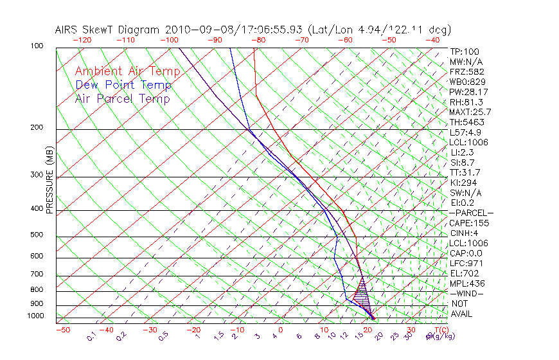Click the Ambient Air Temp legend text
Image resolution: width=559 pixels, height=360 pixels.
click(x=127, y=71)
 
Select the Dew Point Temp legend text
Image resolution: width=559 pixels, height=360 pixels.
click(x=123, y=85)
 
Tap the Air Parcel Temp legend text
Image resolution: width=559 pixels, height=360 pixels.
click(x=122, y=98)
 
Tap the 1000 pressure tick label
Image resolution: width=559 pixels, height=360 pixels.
click(x=37, y=316)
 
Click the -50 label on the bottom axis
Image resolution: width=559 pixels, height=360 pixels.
click(x=62, y=330)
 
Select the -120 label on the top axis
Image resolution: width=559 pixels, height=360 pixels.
click(x=82, y=39)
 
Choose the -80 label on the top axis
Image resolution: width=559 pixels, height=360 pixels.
click(x=258, y=39)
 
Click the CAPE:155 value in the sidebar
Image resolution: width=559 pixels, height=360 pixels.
click(x=469, y=223)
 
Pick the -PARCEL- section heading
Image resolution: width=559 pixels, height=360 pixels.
click(x=471, y=213)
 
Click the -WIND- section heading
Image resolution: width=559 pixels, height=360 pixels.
click(x=467, y=293)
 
